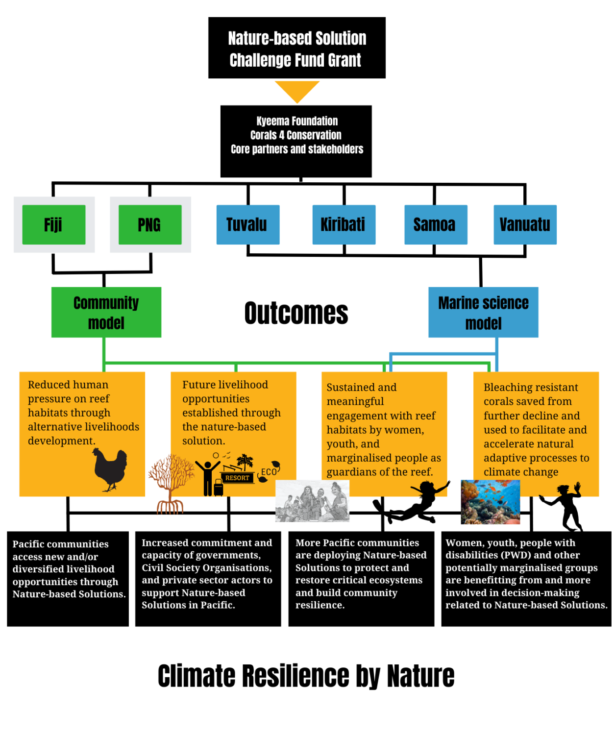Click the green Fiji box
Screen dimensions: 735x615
(x=54, y=225)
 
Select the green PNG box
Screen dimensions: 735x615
(x=150, y=225)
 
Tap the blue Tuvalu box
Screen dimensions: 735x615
(x=248, y=225)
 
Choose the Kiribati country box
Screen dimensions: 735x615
(x=344, y=225)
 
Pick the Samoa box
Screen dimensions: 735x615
(x=435, y=225)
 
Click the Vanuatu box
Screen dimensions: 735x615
(x=525, y=225)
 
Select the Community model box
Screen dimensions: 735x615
(x=106, y=313)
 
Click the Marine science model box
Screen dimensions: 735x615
(x=483, y=313)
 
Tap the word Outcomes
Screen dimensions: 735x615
(x=296, y=314)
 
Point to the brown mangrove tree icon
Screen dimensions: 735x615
(x=171, y=483)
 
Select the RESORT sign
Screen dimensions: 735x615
(x=237, y=478)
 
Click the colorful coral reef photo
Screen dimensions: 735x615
(x=490, y=502)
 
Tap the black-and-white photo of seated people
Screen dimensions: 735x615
(x=312, y=501)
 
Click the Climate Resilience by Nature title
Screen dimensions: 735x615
(x=306, y=676)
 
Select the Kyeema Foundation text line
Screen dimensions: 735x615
(x=297, y=121)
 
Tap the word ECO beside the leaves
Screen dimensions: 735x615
(x=269, y=472)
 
